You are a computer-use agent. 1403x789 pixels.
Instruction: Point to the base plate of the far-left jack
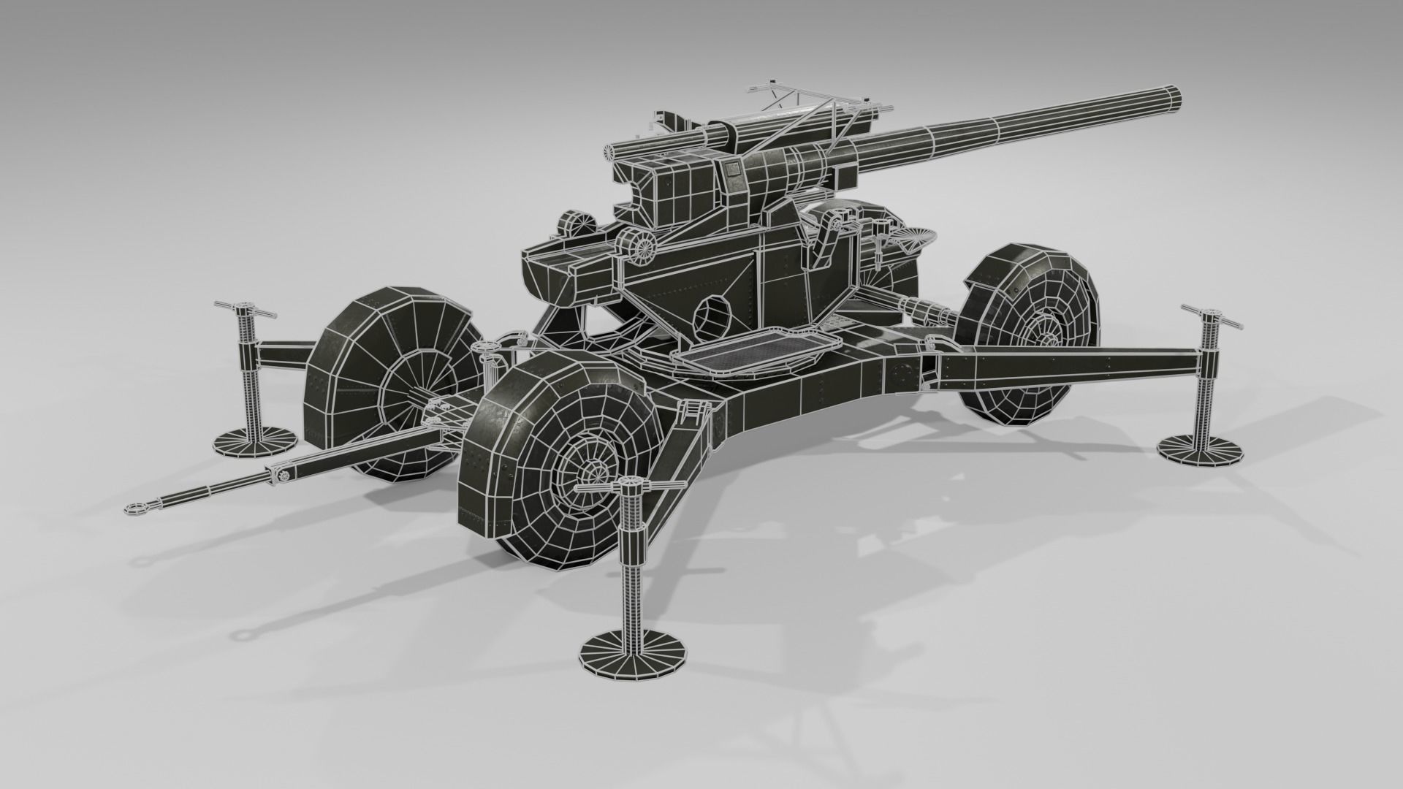[x=254, y=441]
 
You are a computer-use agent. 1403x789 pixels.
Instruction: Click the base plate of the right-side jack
[x=1200, y=449]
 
